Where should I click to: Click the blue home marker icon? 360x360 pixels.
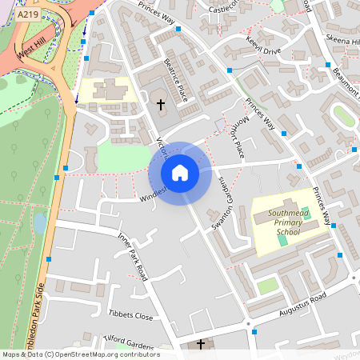179,173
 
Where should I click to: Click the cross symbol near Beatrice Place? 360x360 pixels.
160,105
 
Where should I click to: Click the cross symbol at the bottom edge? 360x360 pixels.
200,345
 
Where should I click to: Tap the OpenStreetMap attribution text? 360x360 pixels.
80,354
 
